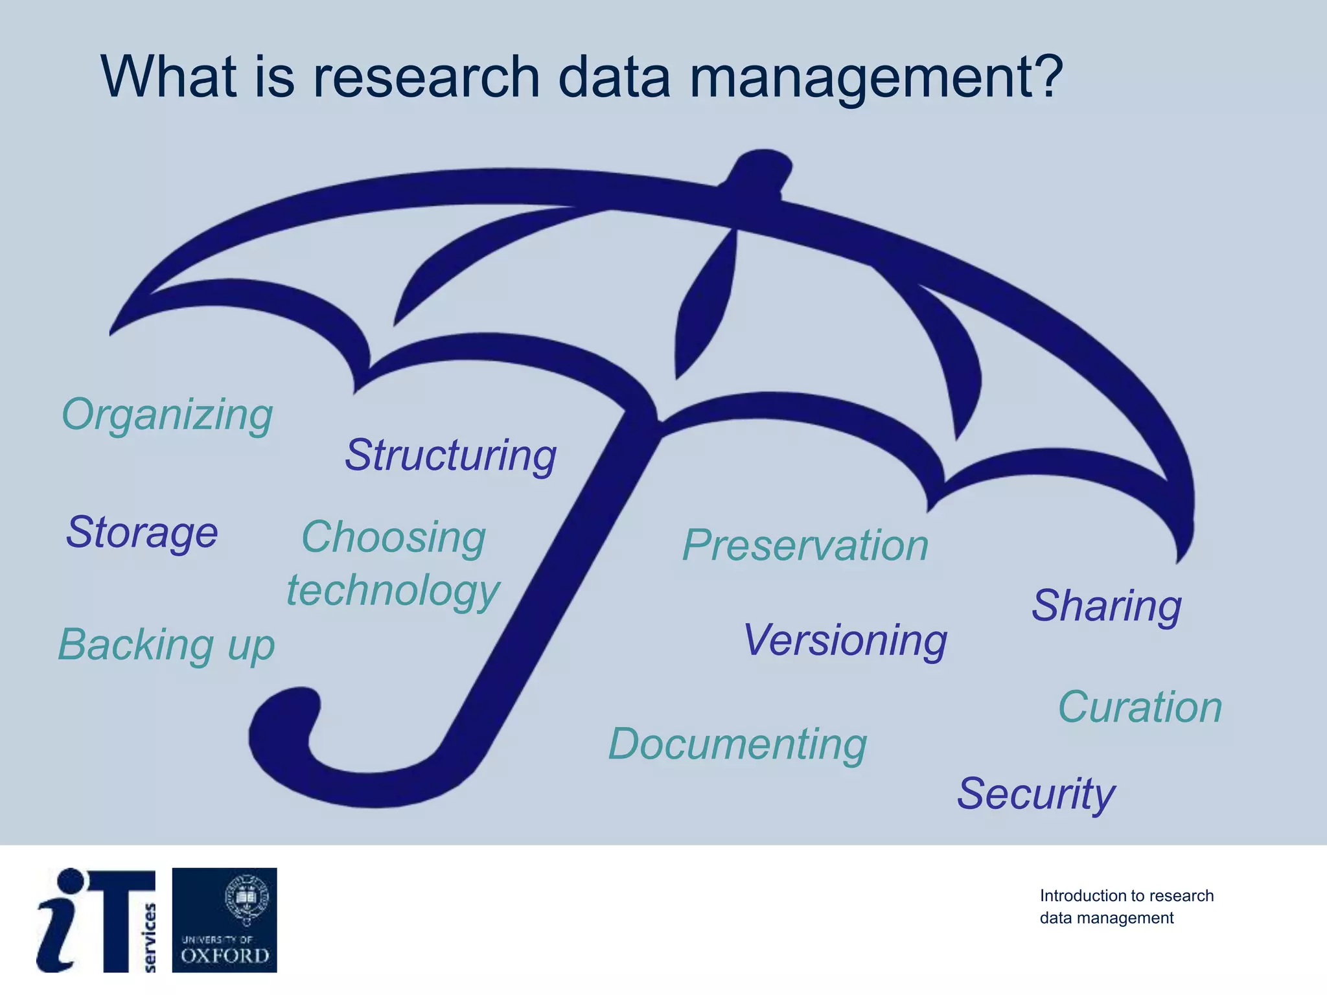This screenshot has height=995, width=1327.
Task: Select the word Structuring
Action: (x=450, y=455)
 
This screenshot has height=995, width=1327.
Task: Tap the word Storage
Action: (x=142, y=532)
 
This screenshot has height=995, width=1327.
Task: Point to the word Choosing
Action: (x=393, y=538)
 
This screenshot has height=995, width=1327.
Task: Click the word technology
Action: (x=393, y=591)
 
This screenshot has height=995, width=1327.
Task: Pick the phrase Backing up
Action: (x=167, y=645)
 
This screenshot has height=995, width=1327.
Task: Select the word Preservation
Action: (x=805, y=545)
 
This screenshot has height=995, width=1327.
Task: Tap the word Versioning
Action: (x=845, y=640)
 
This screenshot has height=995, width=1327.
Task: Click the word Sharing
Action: (x=1107, y=606)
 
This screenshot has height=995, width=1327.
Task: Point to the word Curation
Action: (x=1140, y=707)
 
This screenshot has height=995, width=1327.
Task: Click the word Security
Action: (x=1036, y=794)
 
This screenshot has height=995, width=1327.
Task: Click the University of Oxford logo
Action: (x=224, y=920)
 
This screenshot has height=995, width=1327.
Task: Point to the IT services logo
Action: (x=96, y=920)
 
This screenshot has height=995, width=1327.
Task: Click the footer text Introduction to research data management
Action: (x=1126, y=907)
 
